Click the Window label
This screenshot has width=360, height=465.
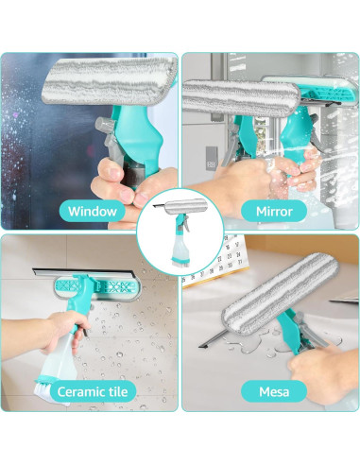(93, 211)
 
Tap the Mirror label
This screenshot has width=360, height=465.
(274, 211)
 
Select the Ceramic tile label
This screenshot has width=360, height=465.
(93, 391)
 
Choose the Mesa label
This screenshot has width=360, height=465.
(274, 391)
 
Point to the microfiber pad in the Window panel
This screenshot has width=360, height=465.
(110, 81)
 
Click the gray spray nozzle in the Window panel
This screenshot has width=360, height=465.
(106, 125)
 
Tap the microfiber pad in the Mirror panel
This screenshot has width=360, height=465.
(241, 98)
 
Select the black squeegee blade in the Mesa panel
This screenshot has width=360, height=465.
(213, 338)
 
